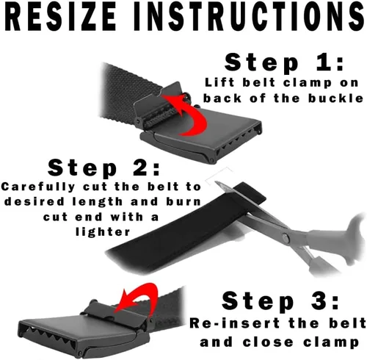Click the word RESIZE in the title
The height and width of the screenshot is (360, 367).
pyautogui.click(x=60, y=16)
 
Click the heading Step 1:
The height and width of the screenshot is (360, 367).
pyautogui.click(x=284, y=63)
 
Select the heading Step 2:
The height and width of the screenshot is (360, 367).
pyautogui.click(x=103, y=168)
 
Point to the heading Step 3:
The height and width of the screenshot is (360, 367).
pyautogui.click(x=280, y=301)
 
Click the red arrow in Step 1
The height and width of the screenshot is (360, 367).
pyautogui.click(x=193, y=115)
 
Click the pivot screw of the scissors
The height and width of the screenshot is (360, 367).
pyautogui.click(x=285, y=237)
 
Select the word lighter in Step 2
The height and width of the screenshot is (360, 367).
pyautogui.click(x=103, y=231)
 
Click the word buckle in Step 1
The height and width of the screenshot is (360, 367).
pyautogui.click(x=335, y=98)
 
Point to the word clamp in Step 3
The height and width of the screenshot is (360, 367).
pyautogui.click(x=331, y=343)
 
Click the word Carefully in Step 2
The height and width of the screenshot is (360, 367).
pyautogui.click(x=38, y=187)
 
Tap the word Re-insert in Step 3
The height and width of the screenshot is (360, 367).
pyautogui.click(x=235, y=323)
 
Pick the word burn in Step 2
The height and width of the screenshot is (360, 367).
pyautogui.click(x=183, y=201)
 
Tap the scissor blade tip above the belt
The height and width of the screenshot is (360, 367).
pyautogui.click(x=217, y=182)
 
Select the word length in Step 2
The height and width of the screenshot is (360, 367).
pyautogui.click(x=98, y=202)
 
